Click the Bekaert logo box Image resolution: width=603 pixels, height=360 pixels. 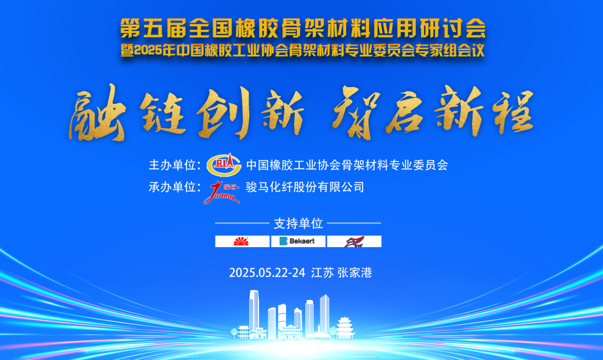(x=298, y=241)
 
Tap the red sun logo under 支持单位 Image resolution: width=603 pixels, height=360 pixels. (x=241, y=241)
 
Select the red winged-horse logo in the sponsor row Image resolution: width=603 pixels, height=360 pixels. (x=354, y=242)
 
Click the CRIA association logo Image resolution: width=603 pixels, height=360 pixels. (x=224, y=165)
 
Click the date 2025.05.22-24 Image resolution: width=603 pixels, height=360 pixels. (x=267, y=273)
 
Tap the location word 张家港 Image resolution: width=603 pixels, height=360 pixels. (x=355, y=273)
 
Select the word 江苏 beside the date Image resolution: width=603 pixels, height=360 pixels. (x=322, y=273)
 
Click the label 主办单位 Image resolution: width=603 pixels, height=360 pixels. (x=172, y=165)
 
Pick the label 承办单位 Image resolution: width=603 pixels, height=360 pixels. (x=172, y=187)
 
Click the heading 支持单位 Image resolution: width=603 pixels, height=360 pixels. (x=298, y=224)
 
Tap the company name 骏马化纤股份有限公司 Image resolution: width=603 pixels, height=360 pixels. (x=305, y=187)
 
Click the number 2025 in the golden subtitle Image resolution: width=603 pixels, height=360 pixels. (x=147, y=50)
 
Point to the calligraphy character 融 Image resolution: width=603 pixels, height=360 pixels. (x=97, y=113)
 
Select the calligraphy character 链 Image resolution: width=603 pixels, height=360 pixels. (x=163, y=113)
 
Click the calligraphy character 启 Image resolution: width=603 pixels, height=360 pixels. (x=404, y=113)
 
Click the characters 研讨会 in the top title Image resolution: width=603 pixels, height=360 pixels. (x=453, y=28)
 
